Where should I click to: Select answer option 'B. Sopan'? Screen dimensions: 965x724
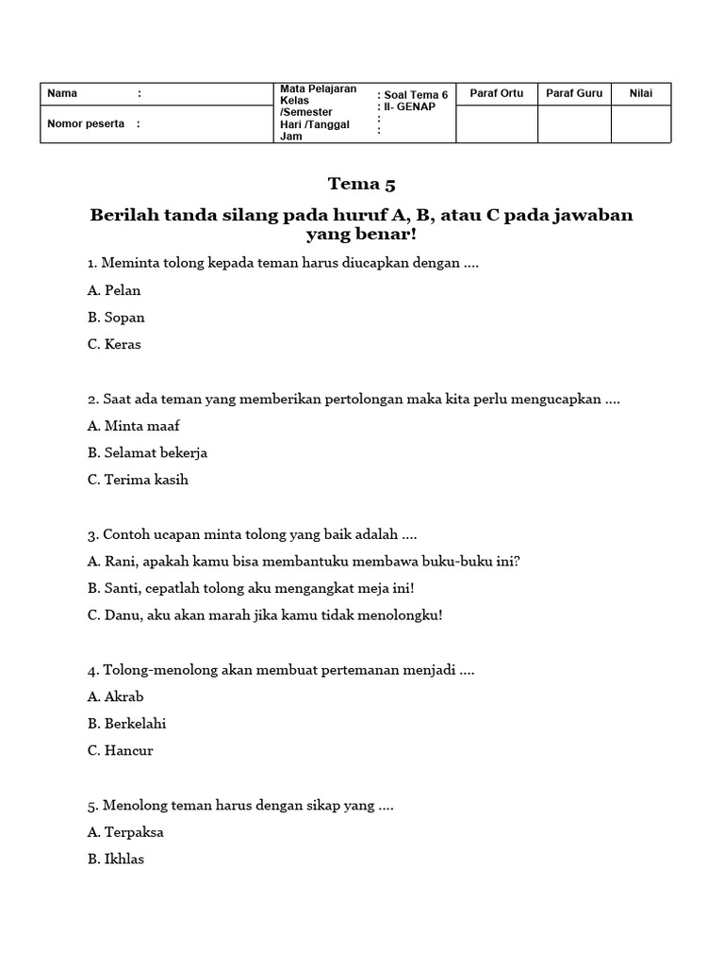coord(116,318)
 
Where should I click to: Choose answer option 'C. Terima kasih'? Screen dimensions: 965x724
coord(138,480)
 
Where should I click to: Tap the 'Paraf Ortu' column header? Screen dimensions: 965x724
coord(496,93)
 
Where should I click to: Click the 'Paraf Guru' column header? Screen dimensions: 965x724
coord(573,93)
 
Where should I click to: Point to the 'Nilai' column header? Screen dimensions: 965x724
coord(641,93)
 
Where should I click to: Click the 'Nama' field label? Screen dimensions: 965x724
coord(62,93)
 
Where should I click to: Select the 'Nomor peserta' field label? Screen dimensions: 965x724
coord(86,123)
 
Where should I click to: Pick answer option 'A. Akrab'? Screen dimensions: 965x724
coord(115,697)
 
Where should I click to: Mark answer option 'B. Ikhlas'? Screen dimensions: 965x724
coord(116,859)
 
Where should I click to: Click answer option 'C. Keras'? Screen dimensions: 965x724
coord(114,345)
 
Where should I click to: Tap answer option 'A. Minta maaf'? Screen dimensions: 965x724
coord(133,426)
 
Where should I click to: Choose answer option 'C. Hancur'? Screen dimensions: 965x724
coord(120,751)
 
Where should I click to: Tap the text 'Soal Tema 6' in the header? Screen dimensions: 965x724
coord(416,95)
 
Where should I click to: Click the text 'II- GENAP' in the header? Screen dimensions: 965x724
coord(409,107)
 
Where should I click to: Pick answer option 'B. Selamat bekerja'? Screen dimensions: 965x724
coord(147,453)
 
